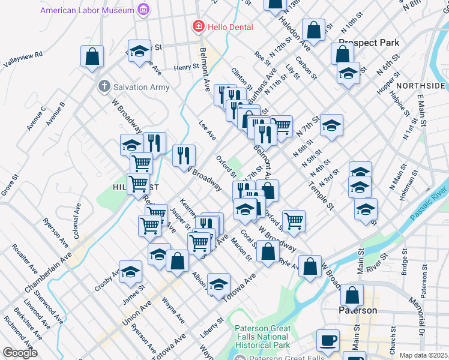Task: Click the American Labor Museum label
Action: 88,11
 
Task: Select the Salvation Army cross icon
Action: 104,87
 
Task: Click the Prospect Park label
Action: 369,43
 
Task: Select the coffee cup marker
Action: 328,340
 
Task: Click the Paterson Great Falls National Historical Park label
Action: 263,337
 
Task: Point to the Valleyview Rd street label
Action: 23,58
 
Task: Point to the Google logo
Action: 20,353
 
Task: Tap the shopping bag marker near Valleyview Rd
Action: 92,57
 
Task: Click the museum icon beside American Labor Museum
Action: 143,11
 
